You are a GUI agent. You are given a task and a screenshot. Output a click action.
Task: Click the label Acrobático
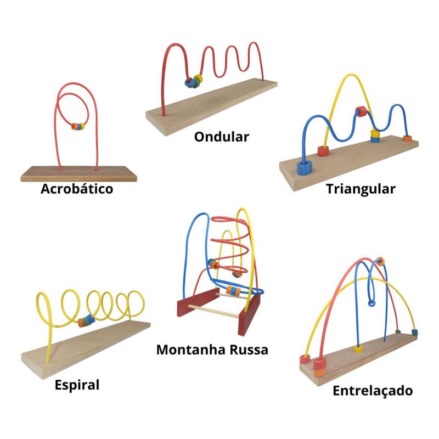pyautogui.click(x=77, y=189)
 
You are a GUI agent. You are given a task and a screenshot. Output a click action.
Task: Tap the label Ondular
pyautogui.click(x=221, y=136)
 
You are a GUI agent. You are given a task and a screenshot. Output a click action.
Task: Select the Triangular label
pyautogui.click(x=361, y=189)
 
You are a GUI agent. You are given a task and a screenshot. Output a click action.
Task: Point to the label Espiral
pyautogui.click(x=77, y=385)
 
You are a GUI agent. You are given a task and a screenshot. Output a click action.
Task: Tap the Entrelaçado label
pyautogui.click(x=373, y=391)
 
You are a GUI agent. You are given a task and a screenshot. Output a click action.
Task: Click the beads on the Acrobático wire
pyautogui.click(x=78, y=126)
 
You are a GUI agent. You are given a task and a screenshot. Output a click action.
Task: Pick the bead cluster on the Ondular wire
pyautogui.click(x=194, y=82)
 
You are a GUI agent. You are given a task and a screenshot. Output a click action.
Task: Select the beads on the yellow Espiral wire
pyautogui.click(x=87, y=320)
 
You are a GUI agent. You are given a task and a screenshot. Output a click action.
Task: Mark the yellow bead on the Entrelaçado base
pyautogui.click(x=358, y=348)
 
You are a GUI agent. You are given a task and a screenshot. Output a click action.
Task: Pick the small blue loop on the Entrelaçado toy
pyautogui.click(x=372, y=302)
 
